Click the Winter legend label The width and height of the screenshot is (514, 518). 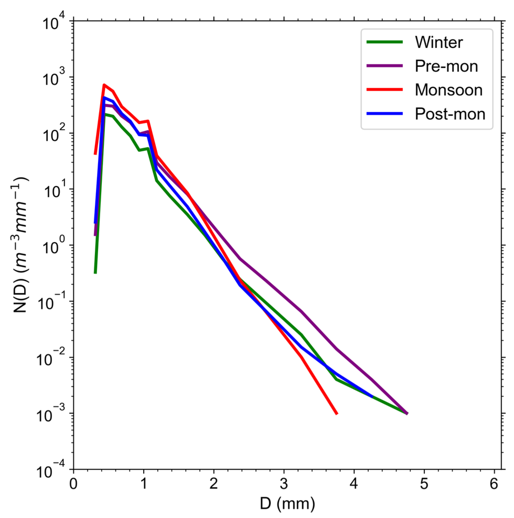point(439,42)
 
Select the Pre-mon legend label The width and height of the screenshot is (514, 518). point(446,66)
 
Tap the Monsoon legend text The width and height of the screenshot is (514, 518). point(449,90)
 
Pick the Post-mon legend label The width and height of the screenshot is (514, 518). point(450,114)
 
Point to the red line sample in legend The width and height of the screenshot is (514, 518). point(384,89)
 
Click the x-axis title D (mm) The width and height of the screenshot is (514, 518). point(287,503)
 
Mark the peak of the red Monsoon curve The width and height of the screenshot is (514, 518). point(104,85)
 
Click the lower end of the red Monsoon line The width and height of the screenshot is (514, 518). point(337,413)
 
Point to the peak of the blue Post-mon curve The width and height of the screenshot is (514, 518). point(104,98)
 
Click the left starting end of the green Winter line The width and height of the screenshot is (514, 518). point(95,273)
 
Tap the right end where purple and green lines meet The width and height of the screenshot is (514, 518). point(407,413)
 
